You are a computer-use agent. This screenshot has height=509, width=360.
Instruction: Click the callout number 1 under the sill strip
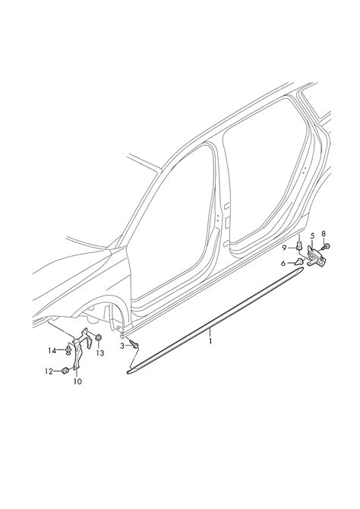(210, 341)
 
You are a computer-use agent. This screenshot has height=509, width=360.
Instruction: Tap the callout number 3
(122, 346)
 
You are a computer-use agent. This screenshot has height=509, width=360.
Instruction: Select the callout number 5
(313, 236)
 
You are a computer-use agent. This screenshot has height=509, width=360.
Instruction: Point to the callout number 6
(283, 264)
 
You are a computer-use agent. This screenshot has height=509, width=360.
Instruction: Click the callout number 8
(324, 233)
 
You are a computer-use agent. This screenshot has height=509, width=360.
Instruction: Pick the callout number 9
(284, 248)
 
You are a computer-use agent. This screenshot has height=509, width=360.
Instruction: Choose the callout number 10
(77, 381)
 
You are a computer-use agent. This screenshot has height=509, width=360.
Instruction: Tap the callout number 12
(49, 371)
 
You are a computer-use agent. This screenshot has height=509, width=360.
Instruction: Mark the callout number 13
(100, 353)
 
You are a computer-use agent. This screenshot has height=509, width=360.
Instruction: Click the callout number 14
(52, 350)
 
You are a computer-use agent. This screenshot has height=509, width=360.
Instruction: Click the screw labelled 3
(134, 344)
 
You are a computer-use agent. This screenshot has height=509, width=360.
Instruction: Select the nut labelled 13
(98, 338)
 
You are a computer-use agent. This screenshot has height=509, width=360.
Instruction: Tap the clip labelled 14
(68, 350)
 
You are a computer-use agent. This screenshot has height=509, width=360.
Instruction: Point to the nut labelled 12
(65, 371)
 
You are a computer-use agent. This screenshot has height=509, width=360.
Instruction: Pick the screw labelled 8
(326, 247)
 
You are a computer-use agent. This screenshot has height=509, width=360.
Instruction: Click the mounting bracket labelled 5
(316, 257)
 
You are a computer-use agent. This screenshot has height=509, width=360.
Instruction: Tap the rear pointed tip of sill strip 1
(303, 268)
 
